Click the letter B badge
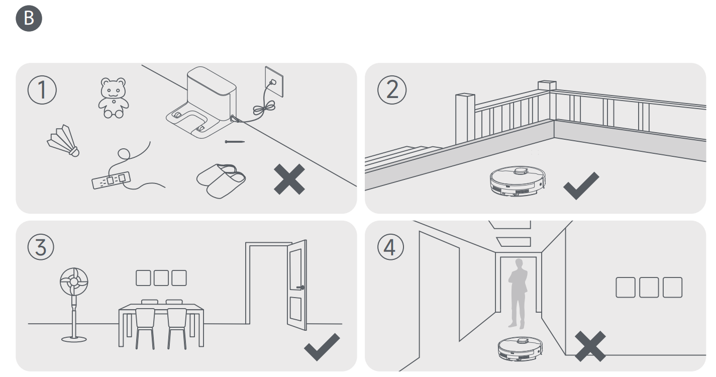tap(30, 19)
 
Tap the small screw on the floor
tap(235, 142)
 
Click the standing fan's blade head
tap(74, 281)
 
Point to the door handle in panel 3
tap(300, 288)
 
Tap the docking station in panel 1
tap(203, 106)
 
